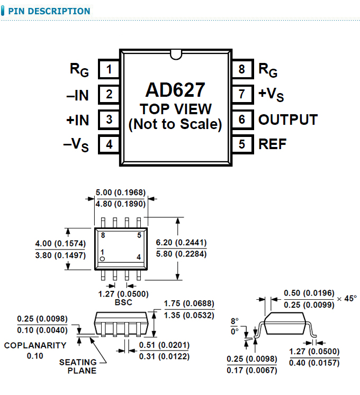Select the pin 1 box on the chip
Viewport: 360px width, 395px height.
point(109,69)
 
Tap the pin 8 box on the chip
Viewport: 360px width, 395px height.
point(242,69)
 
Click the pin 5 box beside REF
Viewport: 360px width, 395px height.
point(242,144)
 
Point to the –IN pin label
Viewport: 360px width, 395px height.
point(77,95)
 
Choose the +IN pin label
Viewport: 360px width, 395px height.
point(77,120)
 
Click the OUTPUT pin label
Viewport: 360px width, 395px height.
point(287,120)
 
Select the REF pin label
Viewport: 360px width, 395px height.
point(272,144)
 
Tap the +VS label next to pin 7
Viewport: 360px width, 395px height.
point(271,95)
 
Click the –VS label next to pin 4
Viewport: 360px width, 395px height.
point(76,145)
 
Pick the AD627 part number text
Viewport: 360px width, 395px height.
point(175,90)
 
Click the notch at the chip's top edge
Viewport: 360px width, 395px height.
point(175,53)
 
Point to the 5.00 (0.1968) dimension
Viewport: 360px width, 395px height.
point(120,193)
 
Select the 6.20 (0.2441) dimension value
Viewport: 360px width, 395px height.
point(181,243)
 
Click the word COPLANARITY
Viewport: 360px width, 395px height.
point(35,345)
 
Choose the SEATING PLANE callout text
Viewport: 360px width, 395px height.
point(78,366)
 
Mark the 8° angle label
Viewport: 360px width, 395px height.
point(235,321)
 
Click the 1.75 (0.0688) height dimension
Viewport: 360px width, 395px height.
point(189,304)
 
